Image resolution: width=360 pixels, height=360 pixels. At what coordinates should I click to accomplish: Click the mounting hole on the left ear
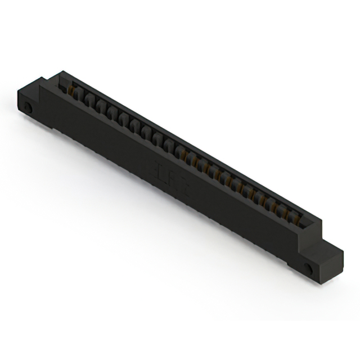point(28,106)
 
